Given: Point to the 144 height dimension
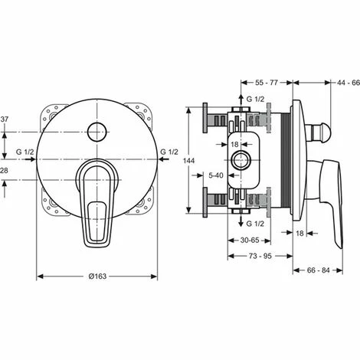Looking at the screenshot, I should point(189,164).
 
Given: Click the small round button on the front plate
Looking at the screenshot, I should point(97,133).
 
